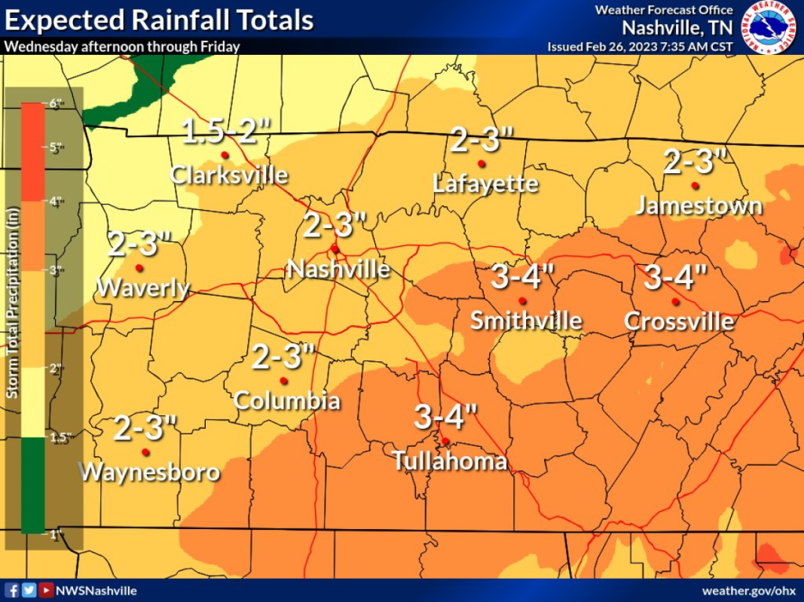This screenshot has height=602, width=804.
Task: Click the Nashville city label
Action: [x=338, y=269]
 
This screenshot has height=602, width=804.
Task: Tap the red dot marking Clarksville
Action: [x=224, y=155]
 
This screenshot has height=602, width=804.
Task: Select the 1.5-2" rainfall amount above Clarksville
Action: [x=226, y=132]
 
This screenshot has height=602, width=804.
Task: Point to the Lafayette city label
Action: [x=486, y=184]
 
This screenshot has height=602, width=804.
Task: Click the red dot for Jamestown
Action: [x=695, y=185]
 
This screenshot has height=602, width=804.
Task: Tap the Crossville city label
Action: [x=679, y=321]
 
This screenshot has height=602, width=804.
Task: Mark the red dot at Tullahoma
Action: [x=445, y=441]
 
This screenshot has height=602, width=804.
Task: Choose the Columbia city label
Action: [x=286, y=400]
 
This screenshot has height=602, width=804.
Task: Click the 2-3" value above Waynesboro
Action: [x=145, y=429]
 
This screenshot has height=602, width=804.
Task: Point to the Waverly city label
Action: [x=143, y=287]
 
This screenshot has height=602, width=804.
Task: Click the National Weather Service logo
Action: [x=769, y=28]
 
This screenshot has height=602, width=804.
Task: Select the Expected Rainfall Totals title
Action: [x=158, y=20]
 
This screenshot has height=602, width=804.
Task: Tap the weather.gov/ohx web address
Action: [x=748, y=591]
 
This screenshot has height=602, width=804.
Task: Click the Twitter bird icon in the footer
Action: [x=29, y=591]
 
